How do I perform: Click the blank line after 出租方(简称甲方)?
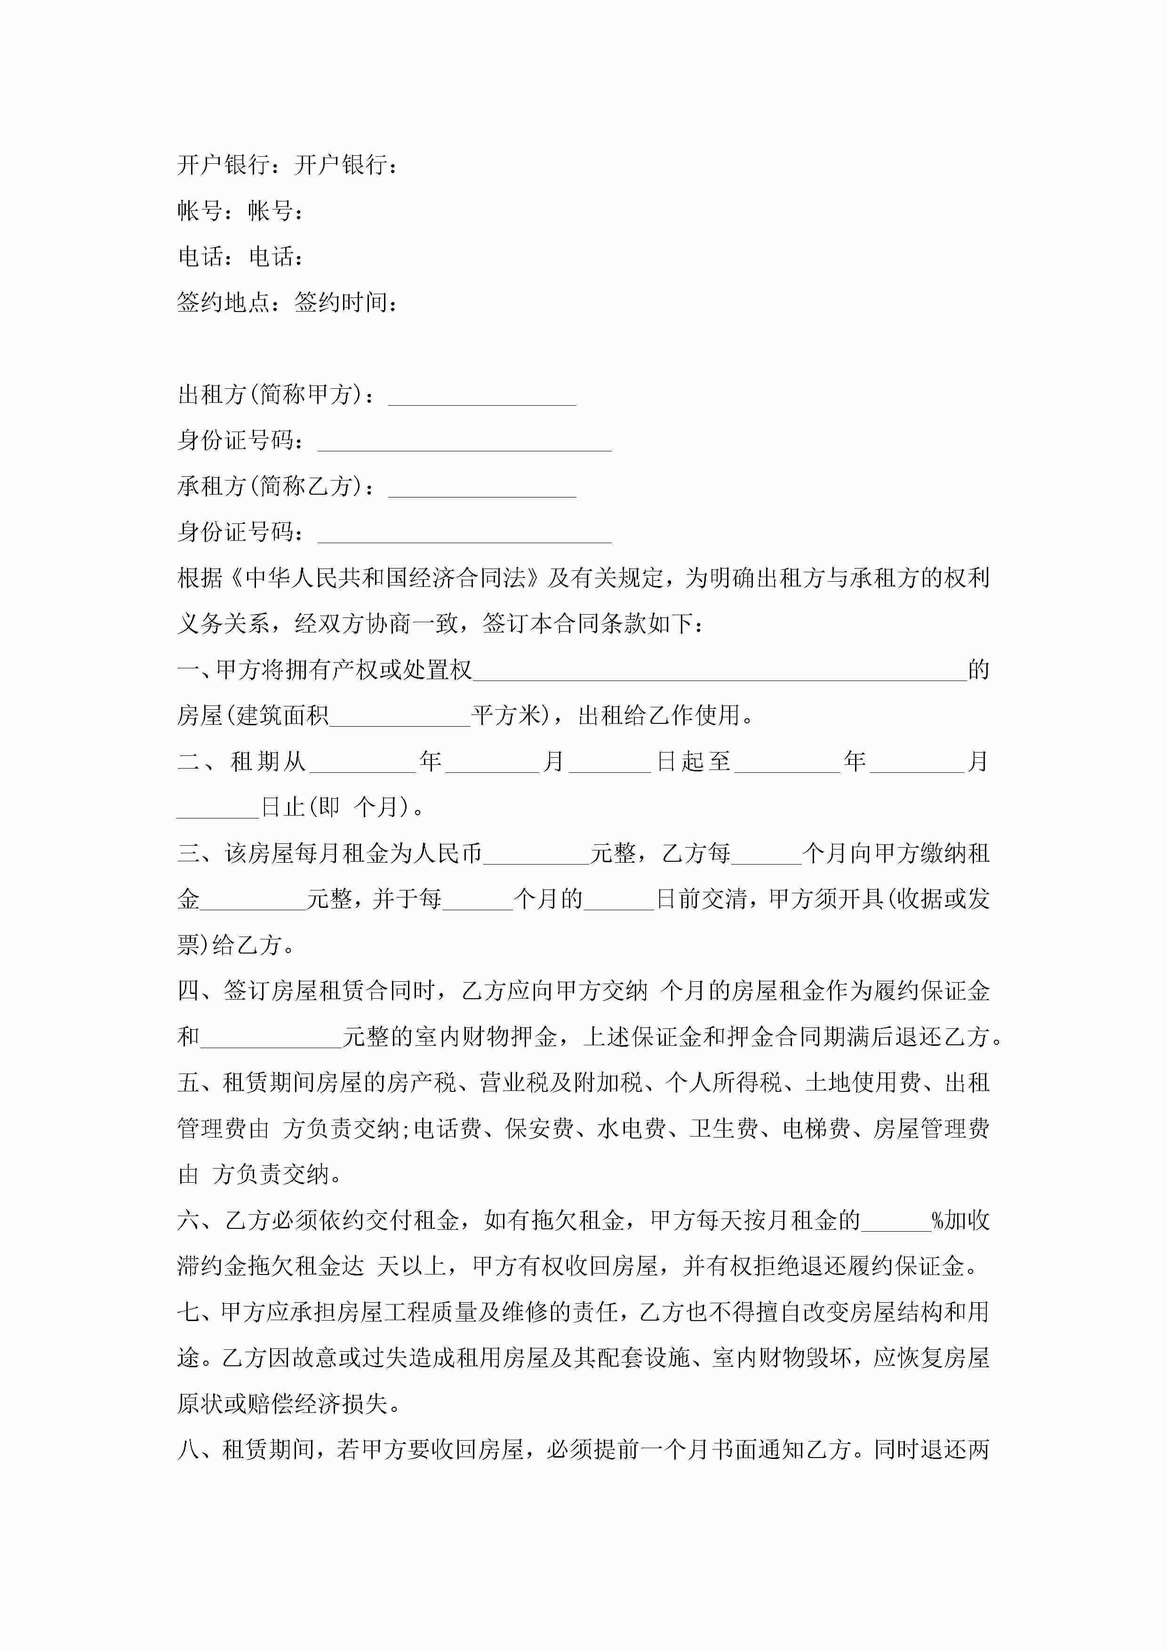(482, 397)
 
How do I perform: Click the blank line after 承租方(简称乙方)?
(482, 489)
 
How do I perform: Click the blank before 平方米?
(400, 717)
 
